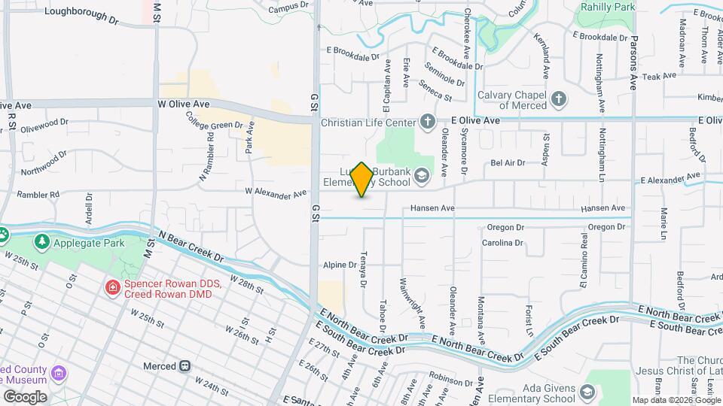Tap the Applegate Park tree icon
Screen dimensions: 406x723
42,241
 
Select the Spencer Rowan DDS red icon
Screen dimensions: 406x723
112,287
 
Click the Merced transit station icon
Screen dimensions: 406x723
184,366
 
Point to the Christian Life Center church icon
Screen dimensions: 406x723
428,122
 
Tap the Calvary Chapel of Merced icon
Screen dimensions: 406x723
558,98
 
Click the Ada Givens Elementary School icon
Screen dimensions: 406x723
587,392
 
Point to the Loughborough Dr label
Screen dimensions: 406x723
81,12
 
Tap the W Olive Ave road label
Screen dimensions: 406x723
183,103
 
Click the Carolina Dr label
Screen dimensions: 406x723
502,243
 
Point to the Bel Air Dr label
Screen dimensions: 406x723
506,162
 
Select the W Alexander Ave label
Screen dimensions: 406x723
276,194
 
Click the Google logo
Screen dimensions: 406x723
25,397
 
